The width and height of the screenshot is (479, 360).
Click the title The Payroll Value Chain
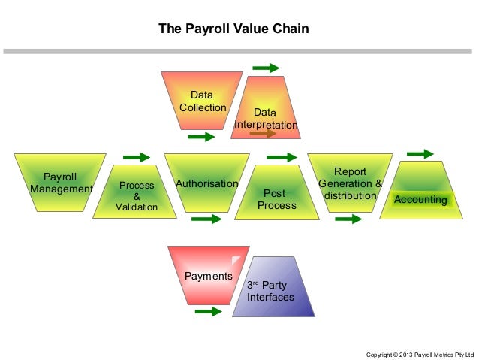233,29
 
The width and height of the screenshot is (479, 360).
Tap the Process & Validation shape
136,194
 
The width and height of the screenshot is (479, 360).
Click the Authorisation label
206,183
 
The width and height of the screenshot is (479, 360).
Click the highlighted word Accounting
420,199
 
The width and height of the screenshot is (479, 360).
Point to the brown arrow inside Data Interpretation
264,133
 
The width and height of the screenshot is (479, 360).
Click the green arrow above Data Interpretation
266,68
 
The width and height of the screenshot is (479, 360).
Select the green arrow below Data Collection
201,137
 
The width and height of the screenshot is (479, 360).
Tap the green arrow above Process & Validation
136,156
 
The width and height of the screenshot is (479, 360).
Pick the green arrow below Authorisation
206,219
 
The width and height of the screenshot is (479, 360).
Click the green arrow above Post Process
282,157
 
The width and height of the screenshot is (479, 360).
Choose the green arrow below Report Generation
348,219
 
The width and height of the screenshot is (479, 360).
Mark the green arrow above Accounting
420,154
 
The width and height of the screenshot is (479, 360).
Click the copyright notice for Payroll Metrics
420,352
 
